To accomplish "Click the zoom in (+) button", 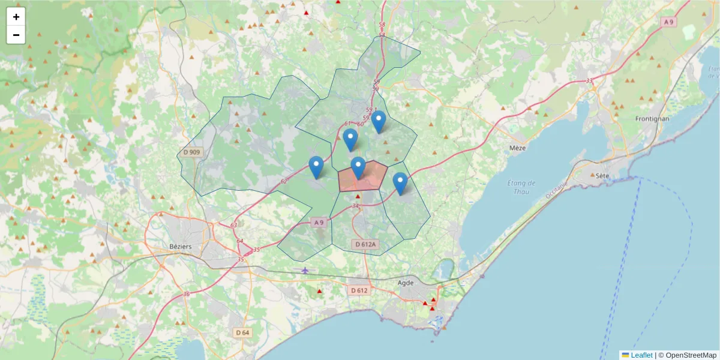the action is (x=16, y=17).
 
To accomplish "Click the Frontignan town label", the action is (x=652, y=119).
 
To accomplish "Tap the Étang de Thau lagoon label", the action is (x=521, y=187).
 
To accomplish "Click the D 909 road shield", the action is (x=192, y=152).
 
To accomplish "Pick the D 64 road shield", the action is (x=242, y=332).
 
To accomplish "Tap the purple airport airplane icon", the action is (x=305, y=271).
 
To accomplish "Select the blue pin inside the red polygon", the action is (x=358, y=167).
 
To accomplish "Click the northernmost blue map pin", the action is (x=378, y=121).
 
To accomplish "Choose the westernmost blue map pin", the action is (x=316, y=167).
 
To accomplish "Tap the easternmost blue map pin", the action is (x=400, y=183).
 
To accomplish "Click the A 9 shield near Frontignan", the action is (x=668, y=22).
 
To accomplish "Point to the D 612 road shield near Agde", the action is (x=358, y=290).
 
